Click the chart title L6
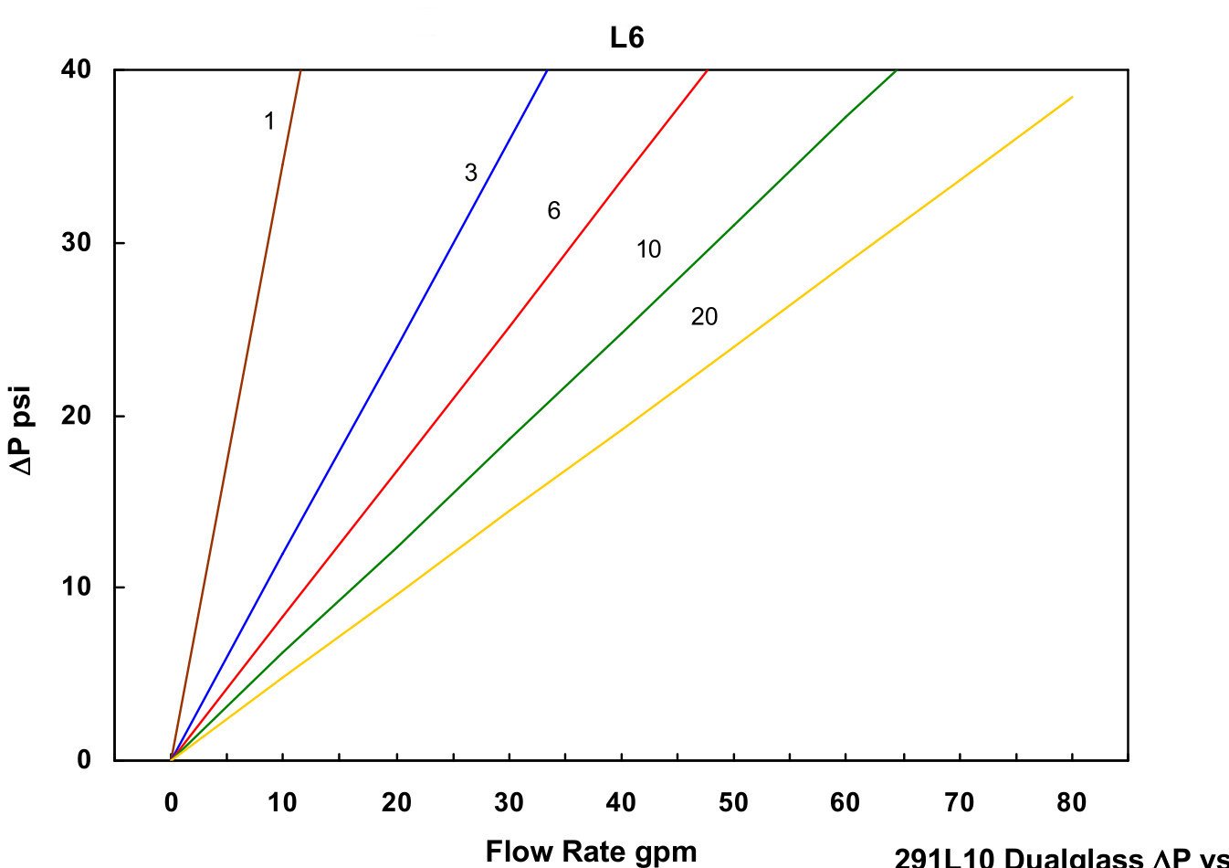click(x=627, y=38)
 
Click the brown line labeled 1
click(x=236, y=414)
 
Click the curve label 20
click(x=704, y=317)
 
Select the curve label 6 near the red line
click(x=553, y=211)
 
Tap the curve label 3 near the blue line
click(x=470, y=173)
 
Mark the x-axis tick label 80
click(x=1071, y=803)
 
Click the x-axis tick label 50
click(x=733, y=803)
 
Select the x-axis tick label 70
click(x=959, y=803)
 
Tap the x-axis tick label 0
click(x=171, y=803)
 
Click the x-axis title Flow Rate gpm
click(x=591, y=852)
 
